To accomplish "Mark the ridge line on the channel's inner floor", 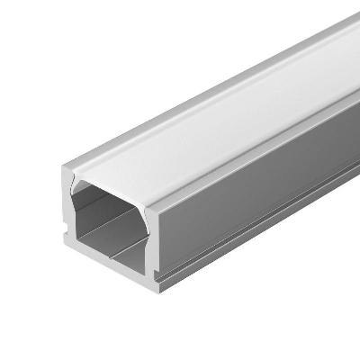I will (112, 244).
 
